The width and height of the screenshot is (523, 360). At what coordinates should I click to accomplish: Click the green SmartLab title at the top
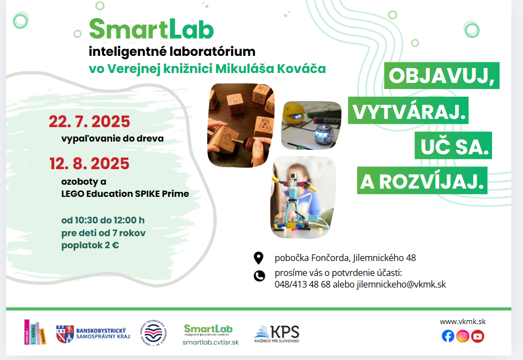[151, 29]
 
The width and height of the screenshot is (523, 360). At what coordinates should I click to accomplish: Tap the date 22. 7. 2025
[89, 122]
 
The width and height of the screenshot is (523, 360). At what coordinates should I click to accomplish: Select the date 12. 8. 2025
[89, 164]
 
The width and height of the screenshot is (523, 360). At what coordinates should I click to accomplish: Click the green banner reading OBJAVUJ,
[442, 76]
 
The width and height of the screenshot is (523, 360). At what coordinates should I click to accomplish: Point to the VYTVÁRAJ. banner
[407, 111]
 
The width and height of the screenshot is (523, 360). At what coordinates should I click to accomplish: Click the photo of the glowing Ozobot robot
[311, 126]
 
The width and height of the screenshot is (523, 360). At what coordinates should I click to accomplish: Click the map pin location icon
[259, 258]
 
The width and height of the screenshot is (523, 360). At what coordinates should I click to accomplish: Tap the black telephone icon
[259, 276]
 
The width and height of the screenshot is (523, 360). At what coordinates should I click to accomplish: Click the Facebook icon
[448, 336]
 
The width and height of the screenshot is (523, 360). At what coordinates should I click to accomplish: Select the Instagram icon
[463, 336]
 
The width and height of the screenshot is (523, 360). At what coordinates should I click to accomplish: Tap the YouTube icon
[478, 336]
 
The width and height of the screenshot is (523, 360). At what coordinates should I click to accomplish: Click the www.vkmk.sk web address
[463, 321]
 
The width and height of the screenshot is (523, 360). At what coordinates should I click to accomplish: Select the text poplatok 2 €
[90, 246]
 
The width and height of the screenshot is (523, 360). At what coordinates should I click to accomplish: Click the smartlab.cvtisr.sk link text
[211, 342]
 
